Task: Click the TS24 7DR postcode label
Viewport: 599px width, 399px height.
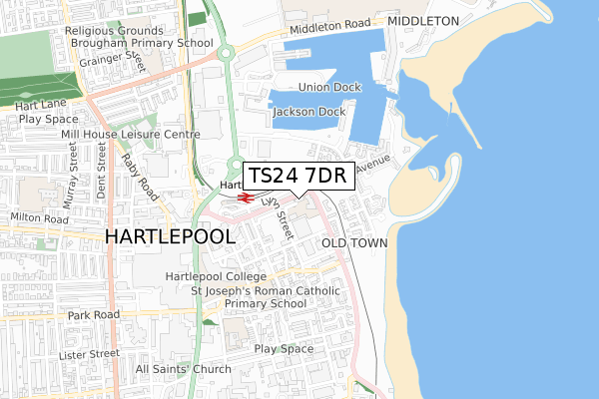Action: [297, 176]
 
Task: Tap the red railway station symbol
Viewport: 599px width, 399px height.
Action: [245, 197]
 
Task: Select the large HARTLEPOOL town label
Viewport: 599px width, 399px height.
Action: [170, 236]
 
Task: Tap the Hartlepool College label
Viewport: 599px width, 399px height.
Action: [216, 276]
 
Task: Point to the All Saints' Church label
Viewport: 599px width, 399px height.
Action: [184, 369]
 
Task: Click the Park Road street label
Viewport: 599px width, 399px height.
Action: [94, 315]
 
